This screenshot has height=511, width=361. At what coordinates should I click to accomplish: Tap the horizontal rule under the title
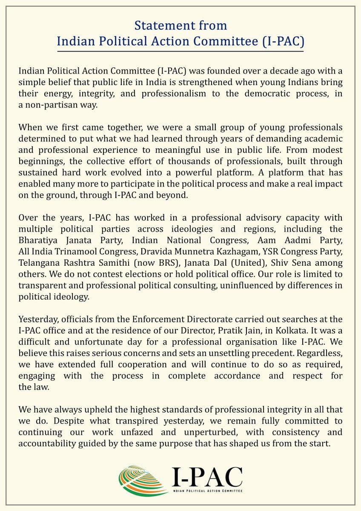tap(180, 51)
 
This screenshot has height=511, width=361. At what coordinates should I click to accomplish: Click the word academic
tap(323, 139)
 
